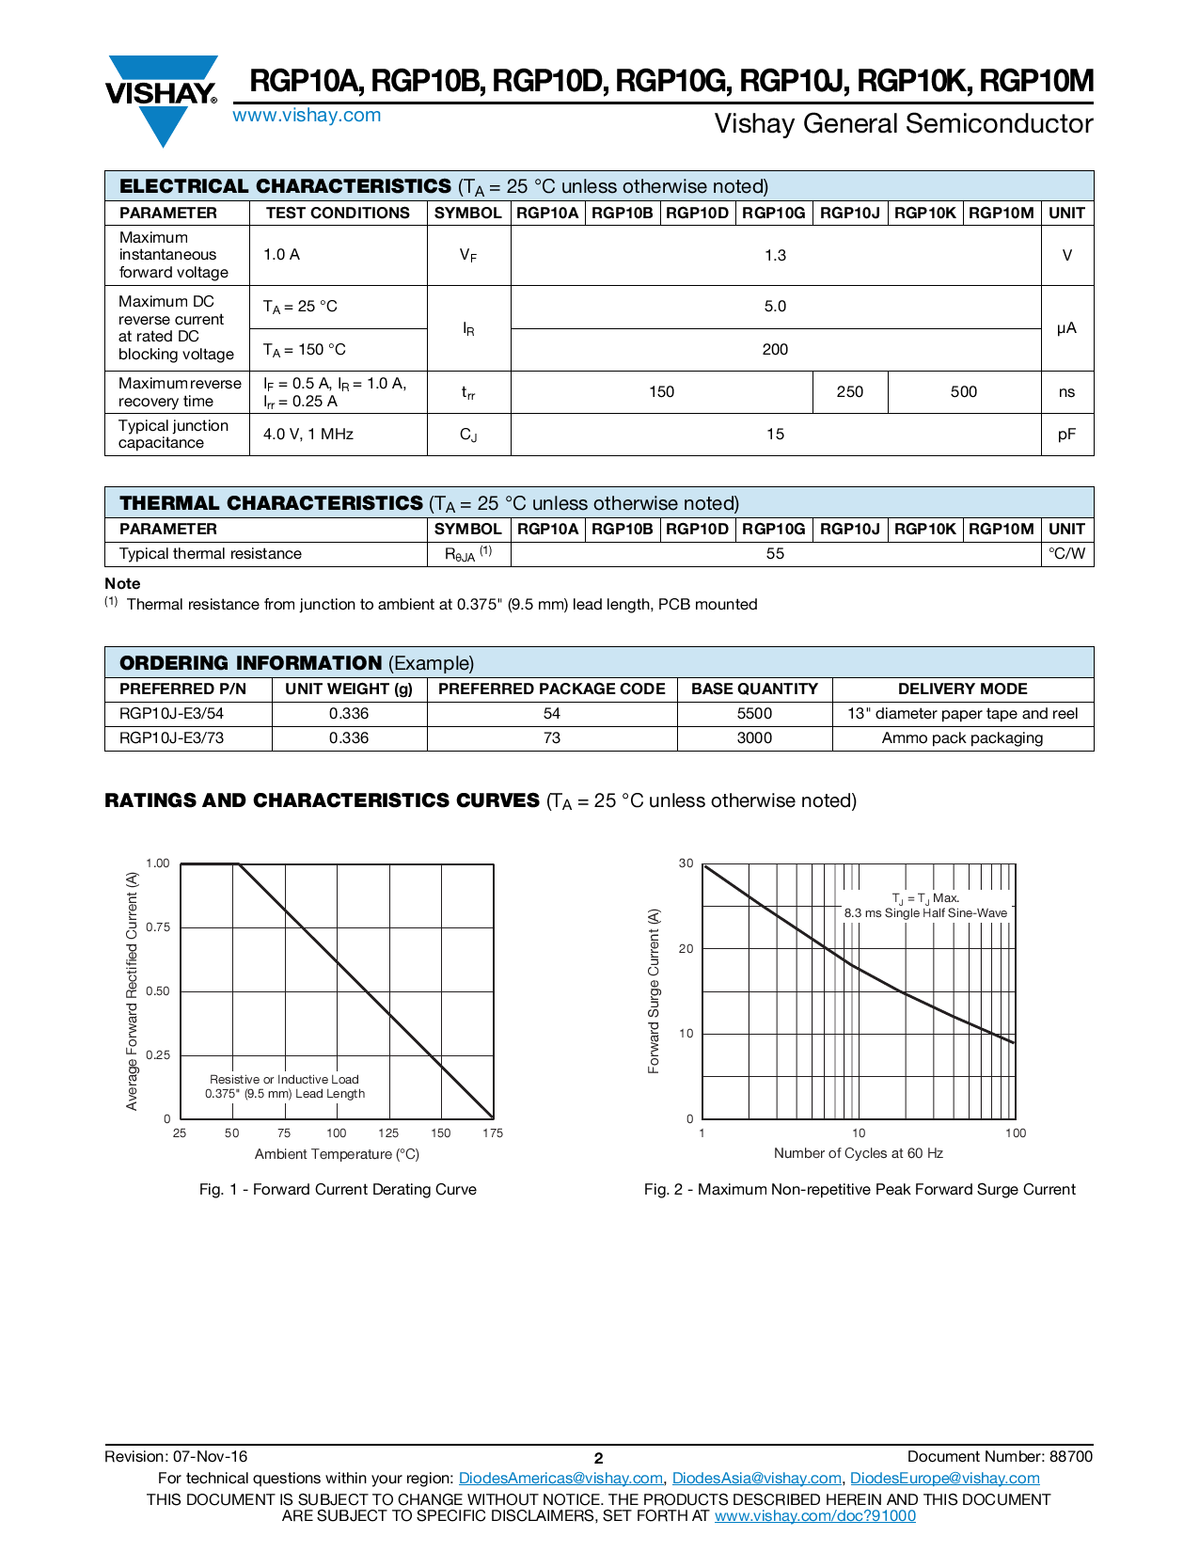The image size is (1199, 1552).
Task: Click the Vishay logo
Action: [162, 94]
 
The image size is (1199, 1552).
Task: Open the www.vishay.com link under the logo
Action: [307, 116]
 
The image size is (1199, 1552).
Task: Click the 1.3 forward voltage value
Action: [775, 256]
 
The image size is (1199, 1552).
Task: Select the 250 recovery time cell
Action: [849, 392]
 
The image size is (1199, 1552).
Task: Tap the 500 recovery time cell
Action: [963, 392]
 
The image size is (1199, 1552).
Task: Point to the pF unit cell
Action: [1066, 435]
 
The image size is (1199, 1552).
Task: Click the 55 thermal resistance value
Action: [775, 554]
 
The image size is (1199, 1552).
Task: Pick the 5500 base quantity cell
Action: [754, 714]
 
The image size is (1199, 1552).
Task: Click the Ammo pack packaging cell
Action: [962, 738]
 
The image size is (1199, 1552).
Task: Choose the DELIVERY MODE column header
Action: [962, 689]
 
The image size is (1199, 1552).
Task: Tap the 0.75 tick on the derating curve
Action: [158, 927]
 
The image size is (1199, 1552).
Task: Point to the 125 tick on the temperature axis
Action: [388, 1133]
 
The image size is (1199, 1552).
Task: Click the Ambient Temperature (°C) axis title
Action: [337, 1155]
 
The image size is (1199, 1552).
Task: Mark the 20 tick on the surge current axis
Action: [686, 949]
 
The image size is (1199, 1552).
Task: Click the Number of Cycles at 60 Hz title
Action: [858, 1154]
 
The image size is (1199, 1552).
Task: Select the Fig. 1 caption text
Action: [338, 1190]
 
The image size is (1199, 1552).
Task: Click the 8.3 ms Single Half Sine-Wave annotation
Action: [925, 913]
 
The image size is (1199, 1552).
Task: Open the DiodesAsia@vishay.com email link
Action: [756, 1479]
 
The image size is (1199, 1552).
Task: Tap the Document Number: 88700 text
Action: [1000, 1457]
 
